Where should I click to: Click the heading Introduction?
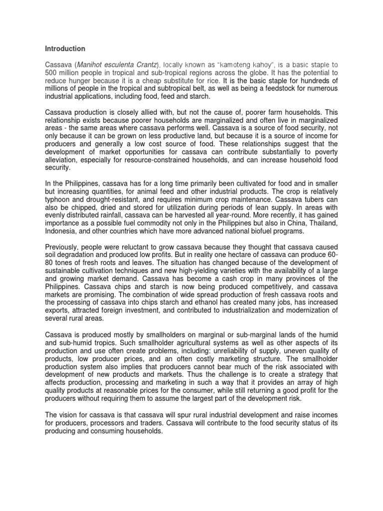65,49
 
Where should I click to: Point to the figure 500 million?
64,73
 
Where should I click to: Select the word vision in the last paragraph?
69,414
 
